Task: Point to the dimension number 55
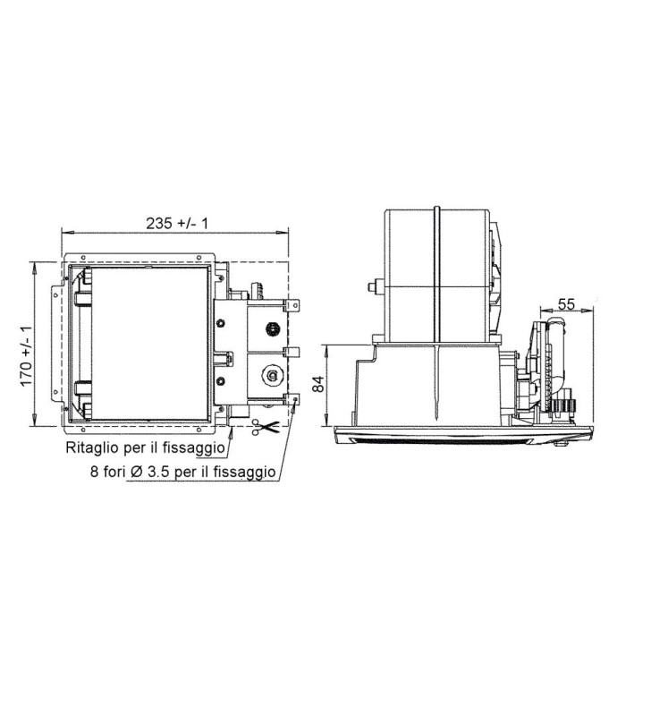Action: pos(566,303)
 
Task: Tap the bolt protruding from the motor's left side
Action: pos(368,288)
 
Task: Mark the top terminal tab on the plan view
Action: pos(296,308)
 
